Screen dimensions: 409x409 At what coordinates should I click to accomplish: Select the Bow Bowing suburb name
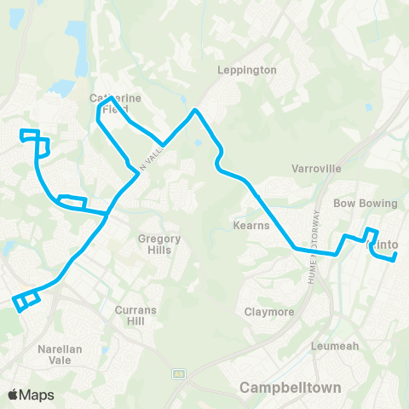[366, 204]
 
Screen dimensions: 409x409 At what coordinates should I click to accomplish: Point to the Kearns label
[251, 226]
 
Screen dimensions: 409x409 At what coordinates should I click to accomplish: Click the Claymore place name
[269, 312]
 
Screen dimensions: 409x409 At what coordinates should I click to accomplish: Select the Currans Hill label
[136, 317]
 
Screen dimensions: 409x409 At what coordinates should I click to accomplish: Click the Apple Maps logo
[31, 395]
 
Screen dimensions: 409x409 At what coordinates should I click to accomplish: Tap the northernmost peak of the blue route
[196, 110]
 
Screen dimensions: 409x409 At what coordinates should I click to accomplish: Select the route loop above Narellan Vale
[26, 300]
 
